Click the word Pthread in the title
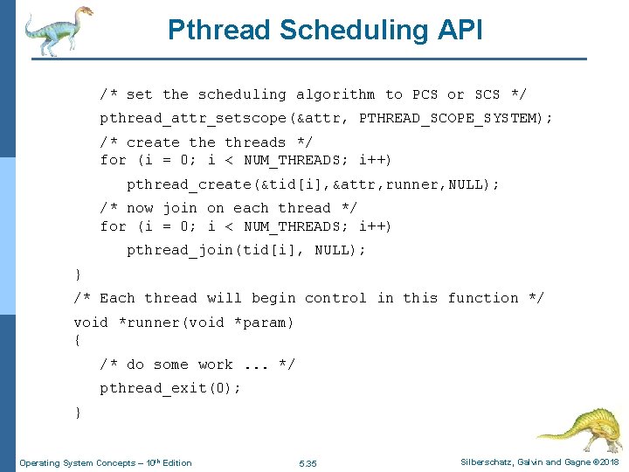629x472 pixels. (218, 30)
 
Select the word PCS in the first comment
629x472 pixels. (425, 94)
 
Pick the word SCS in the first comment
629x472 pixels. (487, 94)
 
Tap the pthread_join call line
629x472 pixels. (246, 250)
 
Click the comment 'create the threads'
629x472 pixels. (206, 142)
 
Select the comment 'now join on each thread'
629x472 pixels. (229, 208)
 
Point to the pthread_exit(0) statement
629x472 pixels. (170, 388)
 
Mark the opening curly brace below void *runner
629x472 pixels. (78, 339)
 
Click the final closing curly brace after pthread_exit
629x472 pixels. (78, 411)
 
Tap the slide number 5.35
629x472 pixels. (308, 462)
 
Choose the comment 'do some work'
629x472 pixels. (197, 364)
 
